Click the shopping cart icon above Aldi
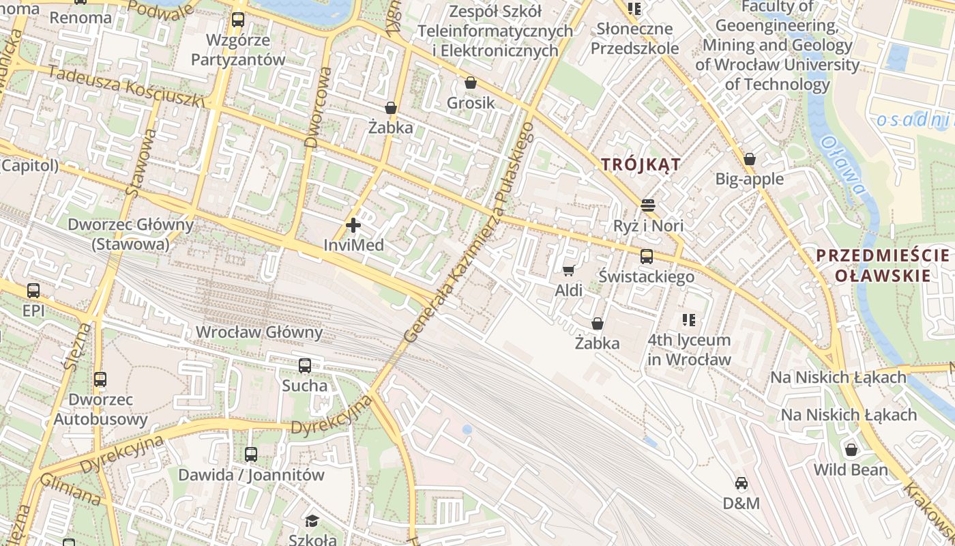(x=568, y=270)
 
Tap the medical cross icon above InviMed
(x=353, y=225)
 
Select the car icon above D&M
(x=741, y=483)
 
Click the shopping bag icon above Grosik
(x=471, y=83)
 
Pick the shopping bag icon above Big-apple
(x=750, y=159)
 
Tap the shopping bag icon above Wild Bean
(x=851, y=450)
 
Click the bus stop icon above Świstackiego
(x=646, y=257)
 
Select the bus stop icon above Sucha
(x=305, y=366)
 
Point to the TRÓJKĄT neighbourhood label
(x=641, y=164)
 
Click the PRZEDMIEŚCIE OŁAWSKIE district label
(x=883, y=265)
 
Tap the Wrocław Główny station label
(x=259, y=332)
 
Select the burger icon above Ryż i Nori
(x=648, y=205)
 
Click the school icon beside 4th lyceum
(x=689, y=319)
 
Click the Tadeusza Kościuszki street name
(x=126, y=87)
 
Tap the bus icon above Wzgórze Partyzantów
(x=237, y=20)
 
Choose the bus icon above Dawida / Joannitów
(x=251, y=455)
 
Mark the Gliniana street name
(x=70, y=490)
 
